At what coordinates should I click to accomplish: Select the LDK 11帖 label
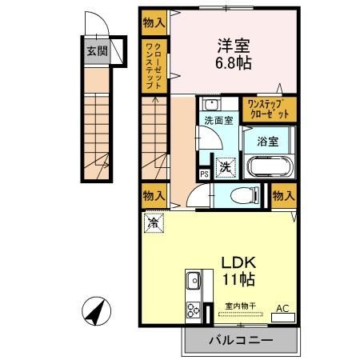click(x=234, y=271)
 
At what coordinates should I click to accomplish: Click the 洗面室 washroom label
click(x=217, y=122)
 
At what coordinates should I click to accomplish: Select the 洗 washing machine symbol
click(x=226, y=167)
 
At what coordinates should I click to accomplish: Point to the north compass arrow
click(x=95, y=310)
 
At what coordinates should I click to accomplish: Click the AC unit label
click(x=282, y=307)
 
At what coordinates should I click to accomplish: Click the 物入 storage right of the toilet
click(x=282, y=194)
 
